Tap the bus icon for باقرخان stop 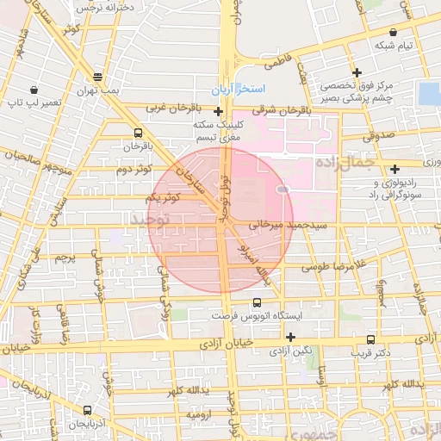click(139, 133)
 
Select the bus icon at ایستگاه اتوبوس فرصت click(257, 302)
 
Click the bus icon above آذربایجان click(88, 411)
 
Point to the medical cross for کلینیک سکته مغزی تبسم click(219, 111)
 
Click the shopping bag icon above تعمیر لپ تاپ click(33, 90)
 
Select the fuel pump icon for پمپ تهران click(97, 76)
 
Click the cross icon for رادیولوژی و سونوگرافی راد click(395, 169)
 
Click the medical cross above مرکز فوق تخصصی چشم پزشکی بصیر click(357, 72)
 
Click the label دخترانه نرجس click(95, 7)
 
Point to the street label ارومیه click(200, 413)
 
